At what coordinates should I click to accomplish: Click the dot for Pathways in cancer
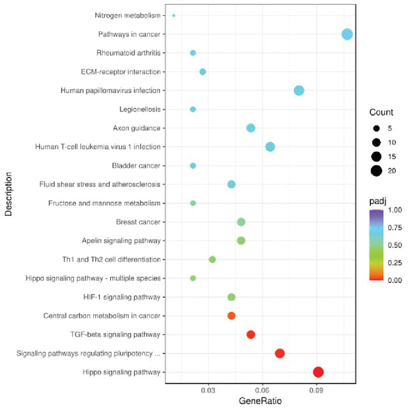click(347, 34)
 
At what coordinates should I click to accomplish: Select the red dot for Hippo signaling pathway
click(318, 372)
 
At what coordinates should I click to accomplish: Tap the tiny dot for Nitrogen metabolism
click(174, 15)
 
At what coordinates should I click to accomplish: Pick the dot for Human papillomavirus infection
click(299, 90)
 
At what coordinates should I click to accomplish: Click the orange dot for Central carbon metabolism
click(232, 316)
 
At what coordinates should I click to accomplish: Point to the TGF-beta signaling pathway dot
click(251, 334)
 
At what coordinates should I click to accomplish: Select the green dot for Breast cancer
click(241, 222)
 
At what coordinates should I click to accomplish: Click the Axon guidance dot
click(251, 128)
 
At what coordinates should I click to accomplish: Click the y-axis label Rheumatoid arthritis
click(129, 53)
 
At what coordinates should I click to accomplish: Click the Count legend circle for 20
click(375, 171)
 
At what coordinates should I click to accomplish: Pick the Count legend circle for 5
click(375, 128)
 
